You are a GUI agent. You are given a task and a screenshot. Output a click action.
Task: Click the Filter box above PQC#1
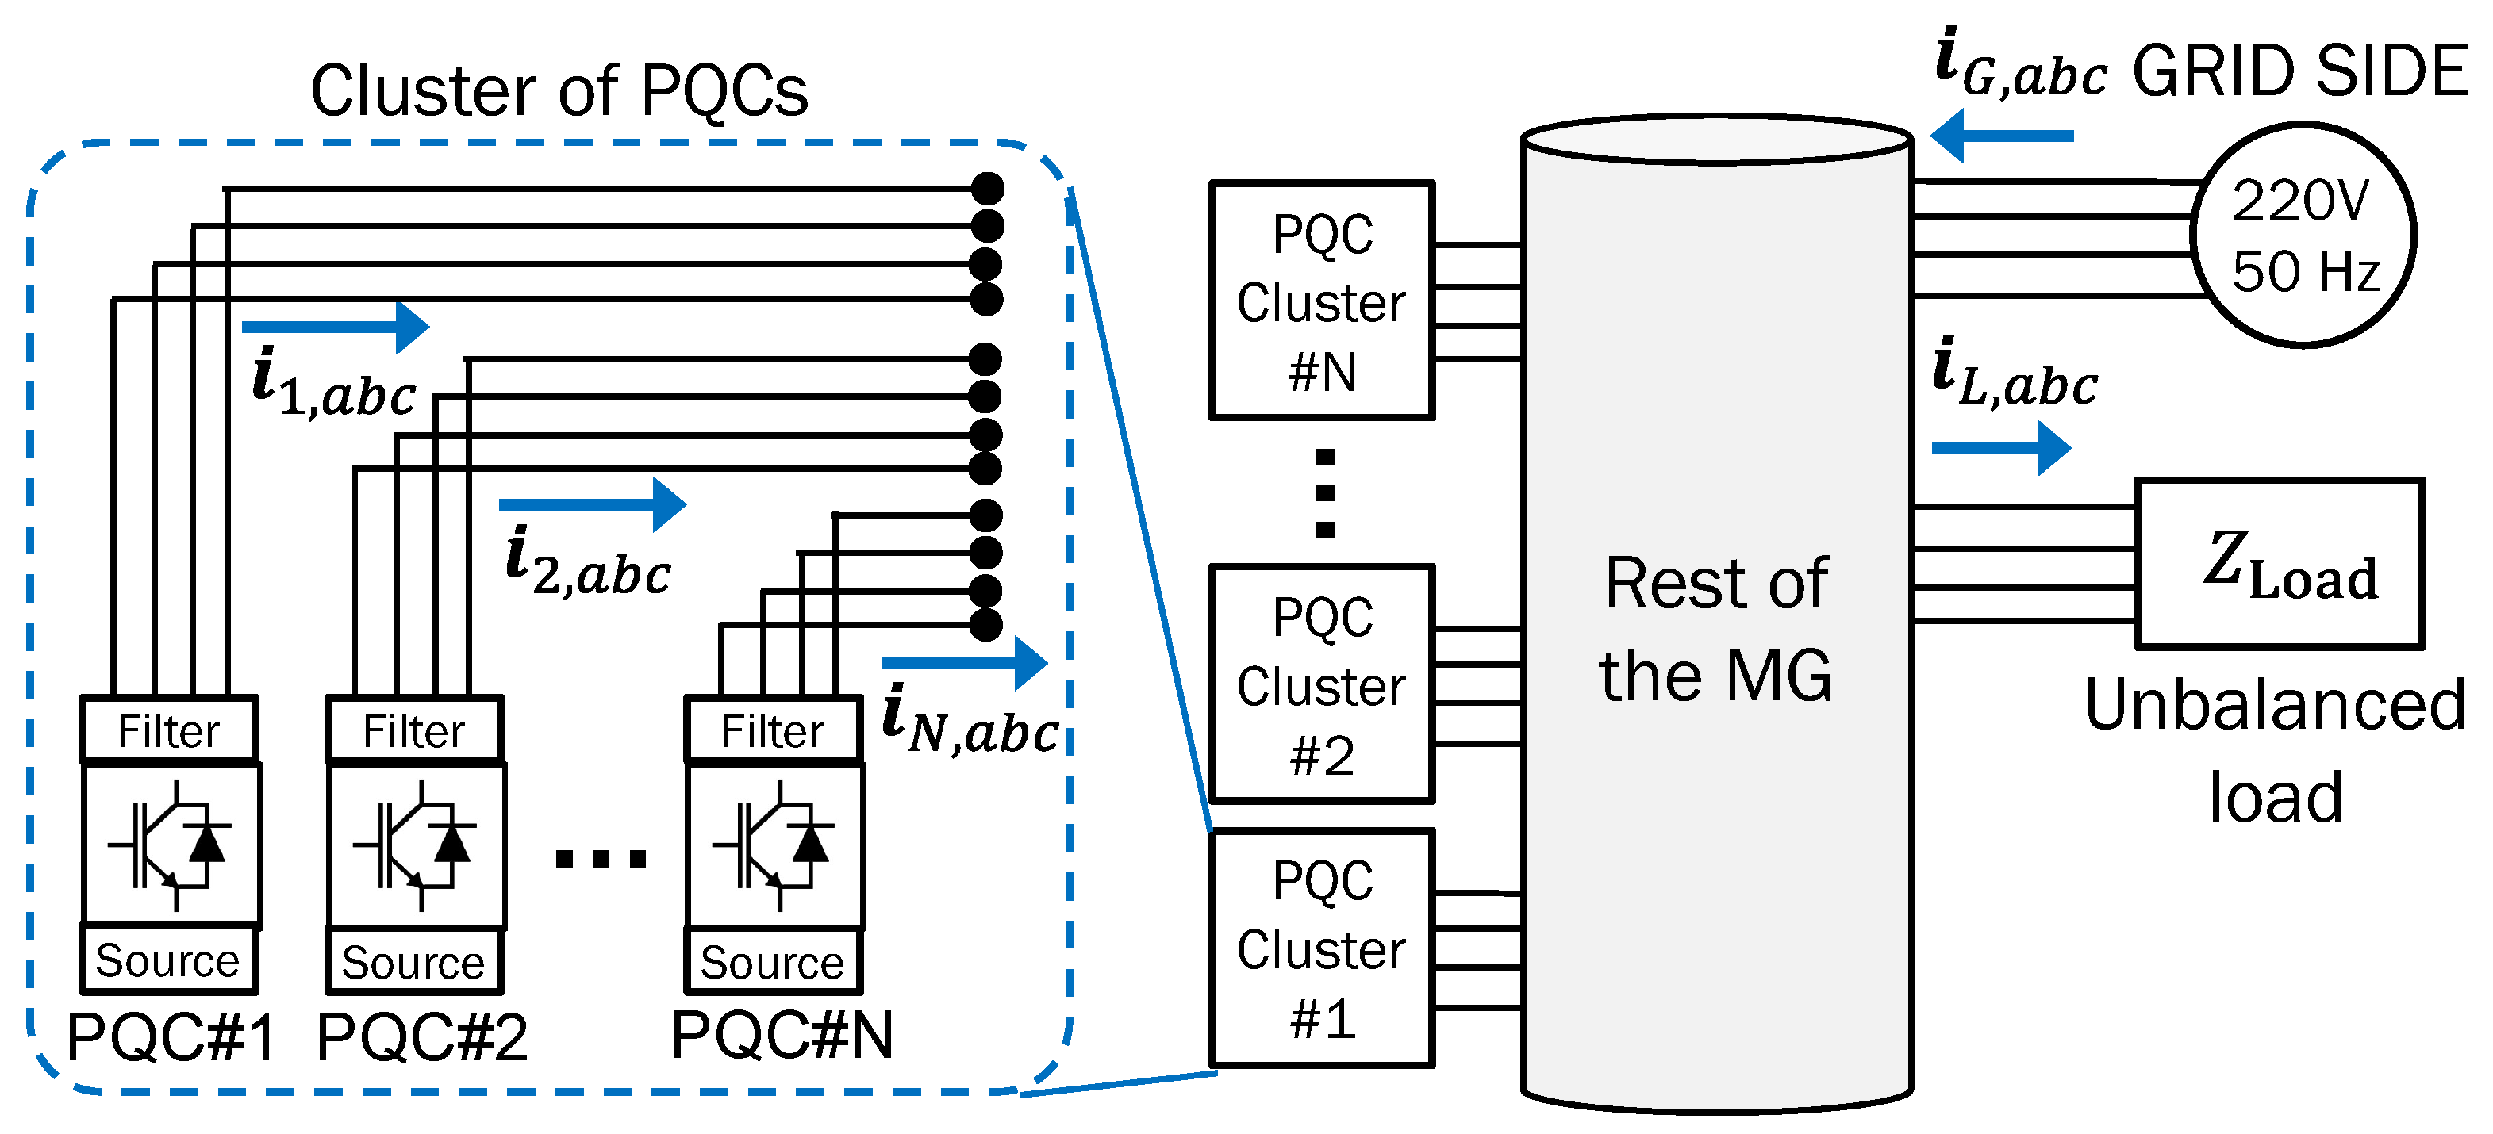(x=169, y=730)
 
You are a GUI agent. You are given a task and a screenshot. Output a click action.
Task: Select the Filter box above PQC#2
(x=415, y=730)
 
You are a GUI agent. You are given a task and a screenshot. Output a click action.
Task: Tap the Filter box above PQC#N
(x=774, y=730)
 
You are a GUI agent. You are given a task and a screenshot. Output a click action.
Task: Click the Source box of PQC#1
(x=169, y=960)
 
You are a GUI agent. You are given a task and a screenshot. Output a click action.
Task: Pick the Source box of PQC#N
(x=774, y=961)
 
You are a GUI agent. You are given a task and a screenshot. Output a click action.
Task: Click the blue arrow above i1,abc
(x=336, y=327)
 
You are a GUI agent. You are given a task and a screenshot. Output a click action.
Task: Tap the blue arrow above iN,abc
(x=966, y=663)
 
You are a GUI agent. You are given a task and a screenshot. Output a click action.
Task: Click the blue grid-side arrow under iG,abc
(x=2001, y=136)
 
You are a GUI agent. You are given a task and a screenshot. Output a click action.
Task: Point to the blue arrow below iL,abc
(x=2001, y=448)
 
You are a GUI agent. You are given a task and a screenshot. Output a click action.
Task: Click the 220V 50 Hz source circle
(x=2304, y=234)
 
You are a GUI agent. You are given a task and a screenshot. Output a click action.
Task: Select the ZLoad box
(x=2279, y=563)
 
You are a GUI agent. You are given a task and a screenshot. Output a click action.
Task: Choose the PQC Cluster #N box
(x=1322, y=300)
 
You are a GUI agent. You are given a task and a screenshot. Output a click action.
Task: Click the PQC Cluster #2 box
(x=1322, y=683)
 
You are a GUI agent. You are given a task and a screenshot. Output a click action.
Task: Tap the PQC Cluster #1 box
(x=1322, y=948)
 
